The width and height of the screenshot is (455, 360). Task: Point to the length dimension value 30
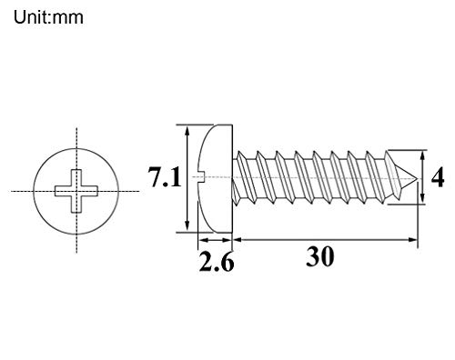tap(320, 257)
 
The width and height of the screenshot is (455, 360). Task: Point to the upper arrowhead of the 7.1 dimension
tap(186, 130)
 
